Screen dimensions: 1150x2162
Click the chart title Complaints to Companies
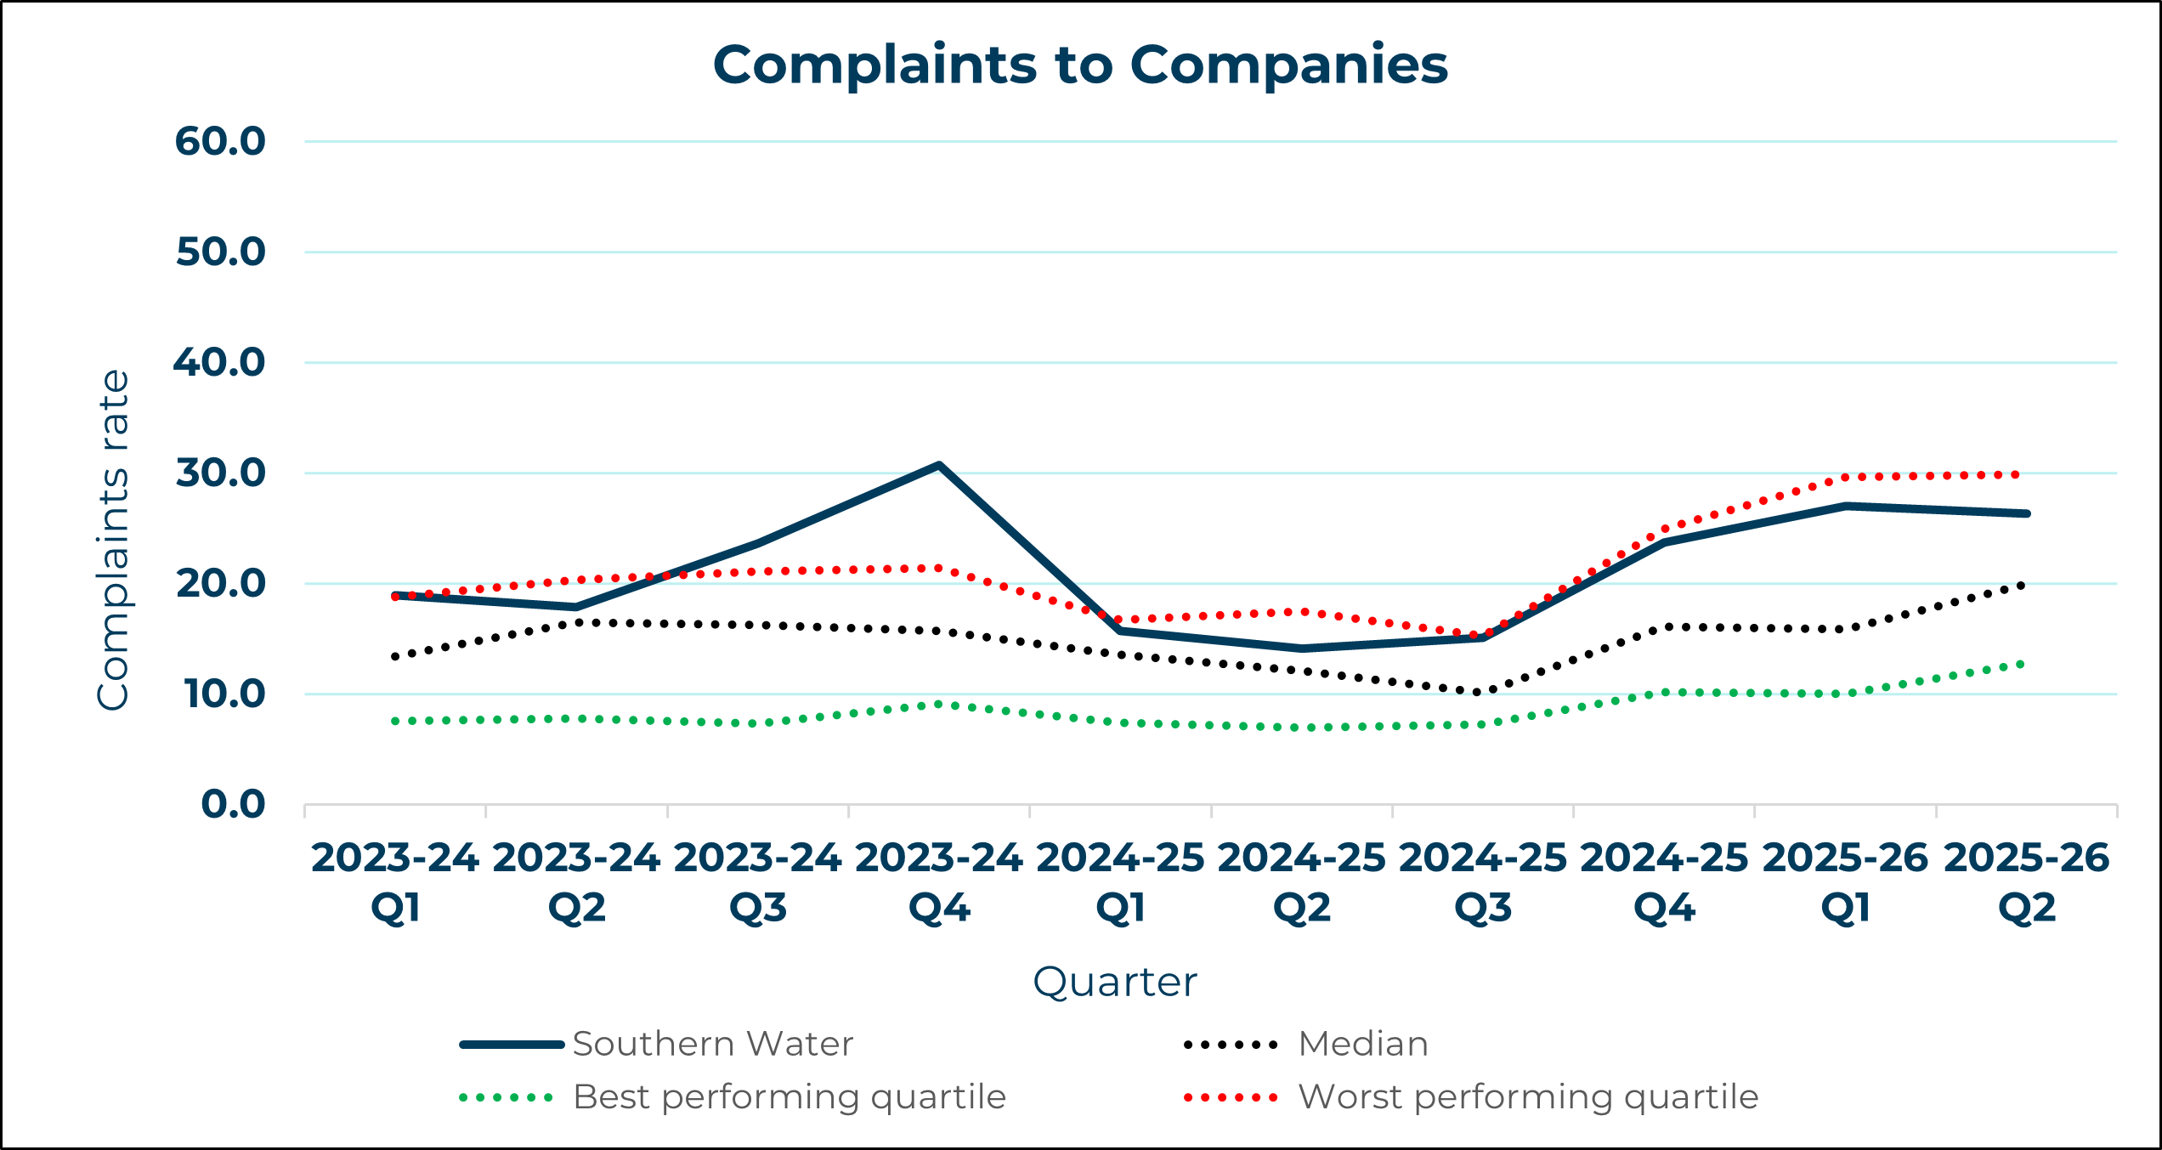point(1080,65)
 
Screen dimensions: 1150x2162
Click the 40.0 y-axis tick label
point(220,363)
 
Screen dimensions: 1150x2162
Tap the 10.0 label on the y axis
point(224,694)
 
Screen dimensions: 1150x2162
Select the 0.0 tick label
point(234,804)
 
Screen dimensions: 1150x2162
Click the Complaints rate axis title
point(113,540)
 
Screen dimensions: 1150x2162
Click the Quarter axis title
point(1114,982)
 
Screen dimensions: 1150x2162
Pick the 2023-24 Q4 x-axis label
point(939,882)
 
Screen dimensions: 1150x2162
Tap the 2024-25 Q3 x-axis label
point(1483,882)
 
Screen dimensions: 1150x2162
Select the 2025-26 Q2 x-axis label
point(2026,882)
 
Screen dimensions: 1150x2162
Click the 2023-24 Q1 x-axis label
point(395,882)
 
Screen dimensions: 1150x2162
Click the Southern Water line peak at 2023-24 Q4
point(939,465)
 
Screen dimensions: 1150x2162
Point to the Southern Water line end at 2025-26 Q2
point(2026,513)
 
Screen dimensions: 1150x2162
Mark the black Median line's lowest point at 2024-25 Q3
point(1480,693)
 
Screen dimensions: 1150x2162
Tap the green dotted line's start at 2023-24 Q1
point(395,721)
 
